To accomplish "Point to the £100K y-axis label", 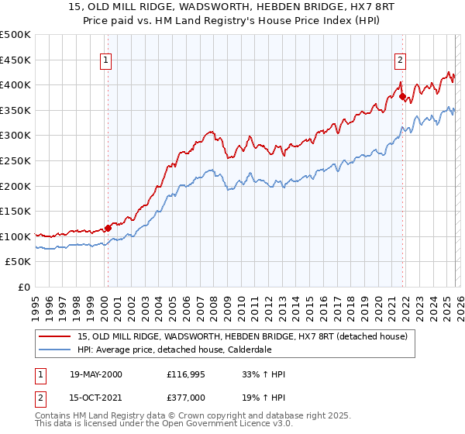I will coord(15,236).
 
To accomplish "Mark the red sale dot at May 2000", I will coord(108,228).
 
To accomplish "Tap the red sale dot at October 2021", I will coord(402,96).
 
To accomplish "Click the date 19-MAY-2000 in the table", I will coord(97,374).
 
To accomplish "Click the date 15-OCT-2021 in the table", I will coord(97,398).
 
